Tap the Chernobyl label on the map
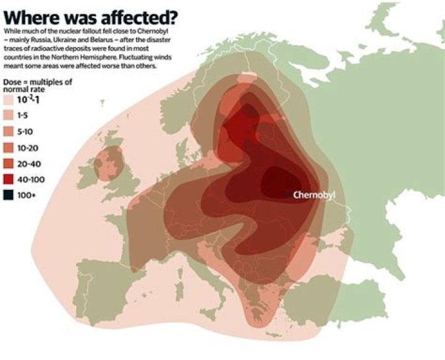pos(317,195)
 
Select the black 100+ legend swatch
pos(8,194)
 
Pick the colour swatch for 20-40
pos(8,163)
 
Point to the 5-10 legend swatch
pos(8,131)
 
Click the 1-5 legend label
pos(25,115)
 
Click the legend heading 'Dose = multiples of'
pos(36,82)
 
